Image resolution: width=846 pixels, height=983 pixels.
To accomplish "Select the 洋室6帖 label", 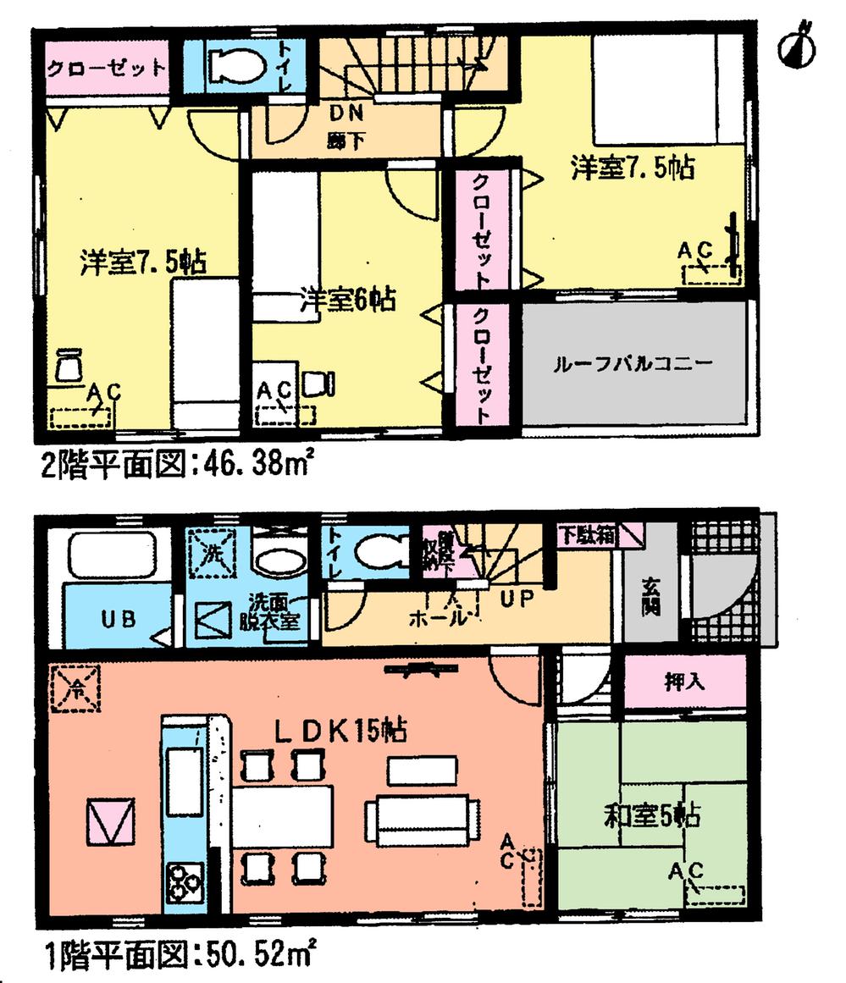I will pyautogui.click(x=348, y=299).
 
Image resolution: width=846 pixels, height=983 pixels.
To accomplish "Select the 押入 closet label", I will pyautogui.click(x=684, y=682).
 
